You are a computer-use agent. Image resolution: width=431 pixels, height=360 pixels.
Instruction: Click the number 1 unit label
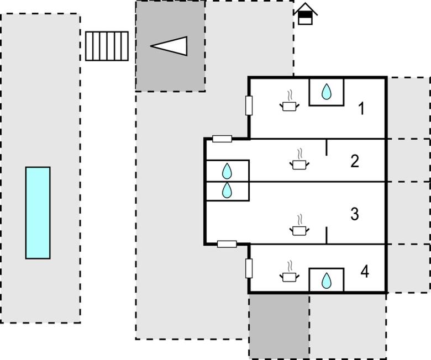(361, 109)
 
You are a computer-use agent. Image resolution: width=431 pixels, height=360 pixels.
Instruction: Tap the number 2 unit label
(355, 161)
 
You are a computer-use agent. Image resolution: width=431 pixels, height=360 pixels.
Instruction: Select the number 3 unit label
(355, 214)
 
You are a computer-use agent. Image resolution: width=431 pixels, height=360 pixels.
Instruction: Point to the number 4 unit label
(364, 272)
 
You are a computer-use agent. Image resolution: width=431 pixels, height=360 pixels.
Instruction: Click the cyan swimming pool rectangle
(38, 213)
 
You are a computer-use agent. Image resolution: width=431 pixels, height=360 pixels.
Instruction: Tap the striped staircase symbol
(107, 46)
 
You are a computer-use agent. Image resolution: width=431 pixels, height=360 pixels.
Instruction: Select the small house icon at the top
(305, 14)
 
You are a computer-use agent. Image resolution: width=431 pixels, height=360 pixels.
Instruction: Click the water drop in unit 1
(327, 91)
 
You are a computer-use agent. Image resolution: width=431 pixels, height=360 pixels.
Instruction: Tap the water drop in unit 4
(327, 280)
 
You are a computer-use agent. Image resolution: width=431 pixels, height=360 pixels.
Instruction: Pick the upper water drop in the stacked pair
(227, 171)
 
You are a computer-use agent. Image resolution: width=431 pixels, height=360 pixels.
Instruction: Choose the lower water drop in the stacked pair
(227, 190)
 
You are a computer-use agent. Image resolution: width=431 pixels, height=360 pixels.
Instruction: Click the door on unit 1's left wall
(249, 105)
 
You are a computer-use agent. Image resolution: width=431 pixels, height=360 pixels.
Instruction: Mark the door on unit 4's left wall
(249, 268)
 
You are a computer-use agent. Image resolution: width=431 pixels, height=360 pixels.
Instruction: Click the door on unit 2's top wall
(222, 139)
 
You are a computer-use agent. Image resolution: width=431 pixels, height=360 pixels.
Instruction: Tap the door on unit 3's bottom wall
(227, 243)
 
